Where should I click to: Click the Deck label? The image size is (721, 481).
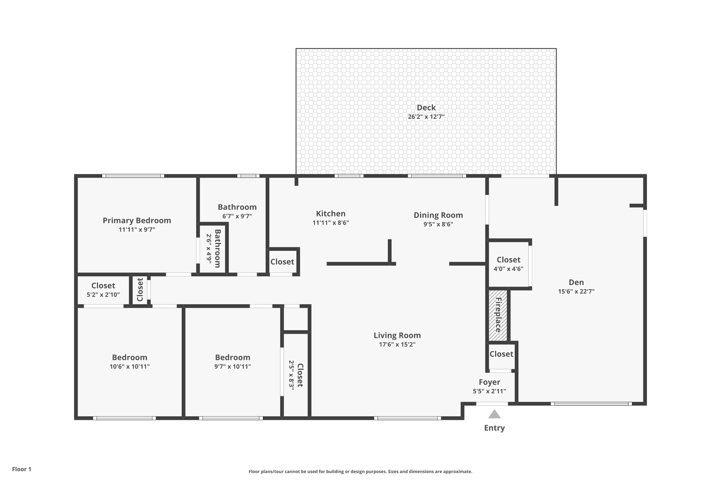click(x=426, y=108)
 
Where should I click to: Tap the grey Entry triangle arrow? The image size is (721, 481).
click(x=494, y=414)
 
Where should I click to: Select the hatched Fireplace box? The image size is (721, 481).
click(x=498, y=315)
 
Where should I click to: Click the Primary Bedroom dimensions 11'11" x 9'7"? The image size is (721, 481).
click(x=137, y=230)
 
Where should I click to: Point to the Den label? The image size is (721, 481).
click(x=576, y=282)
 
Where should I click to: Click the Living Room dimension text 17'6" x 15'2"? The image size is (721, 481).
click(x=397, y=345)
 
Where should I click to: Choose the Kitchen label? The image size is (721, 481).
click(x=331, y=214)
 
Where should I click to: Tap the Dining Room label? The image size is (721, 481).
click(x=438, y=215)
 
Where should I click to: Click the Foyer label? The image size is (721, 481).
click(x=489, y=382)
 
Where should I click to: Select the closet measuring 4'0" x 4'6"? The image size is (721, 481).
click(x=508, y=264)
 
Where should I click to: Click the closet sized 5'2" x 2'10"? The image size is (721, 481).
click(x=103, y=290)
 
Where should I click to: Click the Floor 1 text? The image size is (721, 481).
click(x=21, y=469)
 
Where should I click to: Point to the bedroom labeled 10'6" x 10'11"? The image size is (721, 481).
click(x=130, y=362)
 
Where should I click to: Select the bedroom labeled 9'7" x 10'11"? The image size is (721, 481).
click(x=232, y=362)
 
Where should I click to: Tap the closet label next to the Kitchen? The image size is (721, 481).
click(x=282, y=262)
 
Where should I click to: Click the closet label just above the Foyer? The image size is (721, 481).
click(x=501, y=354)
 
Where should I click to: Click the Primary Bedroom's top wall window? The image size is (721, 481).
click(x=133, y=176)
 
